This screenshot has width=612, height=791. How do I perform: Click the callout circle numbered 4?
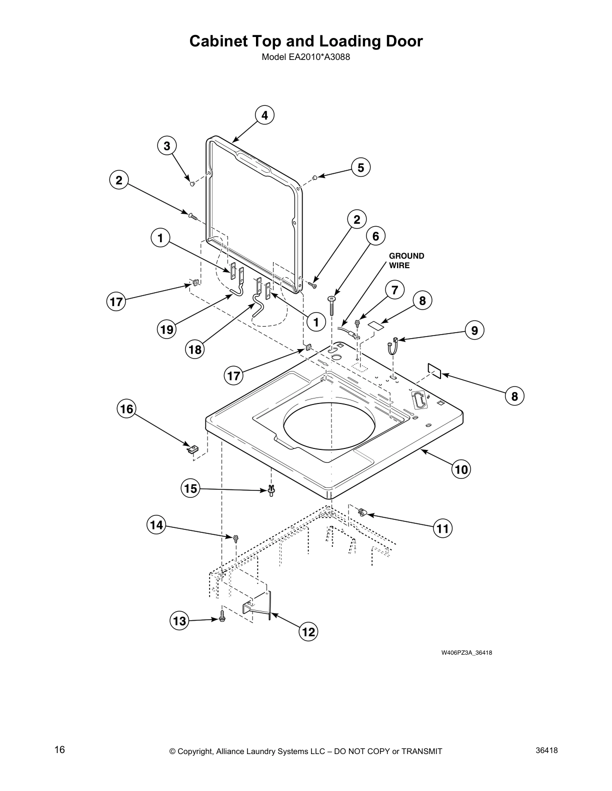264,115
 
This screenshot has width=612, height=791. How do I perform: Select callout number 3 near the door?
167,146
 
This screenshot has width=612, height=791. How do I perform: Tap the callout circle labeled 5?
360,167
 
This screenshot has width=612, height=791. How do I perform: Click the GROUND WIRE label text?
406,261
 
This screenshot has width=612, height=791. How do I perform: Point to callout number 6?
375,236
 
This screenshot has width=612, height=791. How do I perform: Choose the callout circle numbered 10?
461,469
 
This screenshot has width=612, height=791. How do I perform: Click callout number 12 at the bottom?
308,632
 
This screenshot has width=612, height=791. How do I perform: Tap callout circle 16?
127,409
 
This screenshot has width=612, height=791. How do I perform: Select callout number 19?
166,329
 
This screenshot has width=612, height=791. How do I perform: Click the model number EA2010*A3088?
305,57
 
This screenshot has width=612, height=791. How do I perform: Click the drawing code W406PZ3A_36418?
466,653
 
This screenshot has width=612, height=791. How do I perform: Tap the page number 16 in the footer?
59,750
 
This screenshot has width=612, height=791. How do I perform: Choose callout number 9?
474,330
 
